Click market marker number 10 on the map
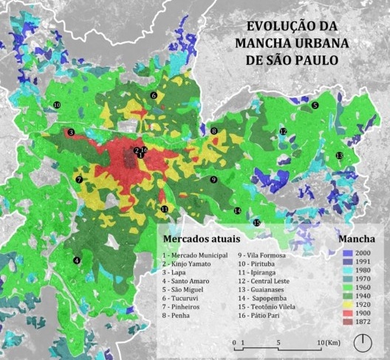coord(57,105)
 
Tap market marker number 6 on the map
coord(154,95)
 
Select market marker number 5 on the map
coord(315,105)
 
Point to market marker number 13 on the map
coord(339,155)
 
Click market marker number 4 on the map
coord(76,260)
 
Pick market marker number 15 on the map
coord(257,222)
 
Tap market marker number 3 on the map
coord(71,133)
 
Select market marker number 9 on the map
coord(213,179)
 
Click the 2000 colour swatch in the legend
coord(346,253)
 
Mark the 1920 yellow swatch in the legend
coord(346,302)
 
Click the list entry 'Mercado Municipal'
coord(195,254)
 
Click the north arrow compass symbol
coord(363,343)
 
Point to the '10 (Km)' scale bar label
coord(326,343)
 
